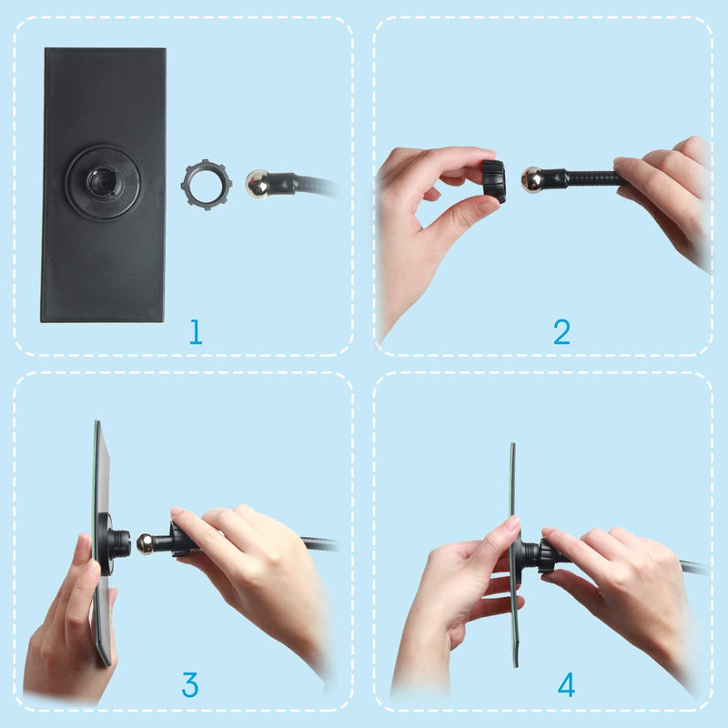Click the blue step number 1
tap(196, 331)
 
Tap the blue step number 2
tap(561, 331)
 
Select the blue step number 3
tap(190, 685)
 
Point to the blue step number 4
tap(566, 685)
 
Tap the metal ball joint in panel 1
tap(257, 184)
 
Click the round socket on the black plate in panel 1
tap(103, 183)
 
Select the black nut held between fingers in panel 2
tap(493, 181)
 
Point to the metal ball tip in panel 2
tap(532, 179)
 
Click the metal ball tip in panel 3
tap(146, 543)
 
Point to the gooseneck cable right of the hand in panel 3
tap(319, 543)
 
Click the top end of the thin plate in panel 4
tap(512, 444)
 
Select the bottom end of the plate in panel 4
tap(516, 666)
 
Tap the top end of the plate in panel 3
tap(97, 421)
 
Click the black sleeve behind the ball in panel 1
tap(282, 184)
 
